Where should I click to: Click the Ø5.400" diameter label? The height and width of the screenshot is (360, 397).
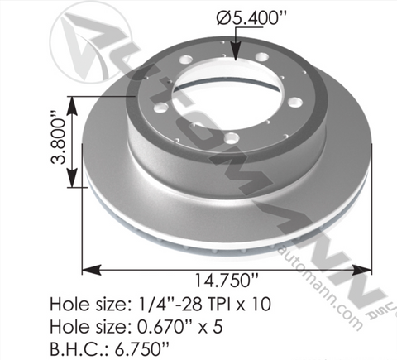pos(251,18)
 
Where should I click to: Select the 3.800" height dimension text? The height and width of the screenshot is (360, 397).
pos(59,137)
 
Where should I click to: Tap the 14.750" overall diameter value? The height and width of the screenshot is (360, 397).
pos(227,281)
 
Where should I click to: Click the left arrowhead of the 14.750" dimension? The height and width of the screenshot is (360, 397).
pos(92,270)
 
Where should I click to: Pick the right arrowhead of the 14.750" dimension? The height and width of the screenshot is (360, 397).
pos(362,270)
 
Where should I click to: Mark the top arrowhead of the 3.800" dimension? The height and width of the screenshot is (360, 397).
pos(72,106)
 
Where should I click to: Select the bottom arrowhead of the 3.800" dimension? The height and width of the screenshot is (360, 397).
pos(72,178)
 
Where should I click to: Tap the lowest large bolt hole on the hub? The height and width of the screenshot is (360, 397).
pos(231,137)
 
